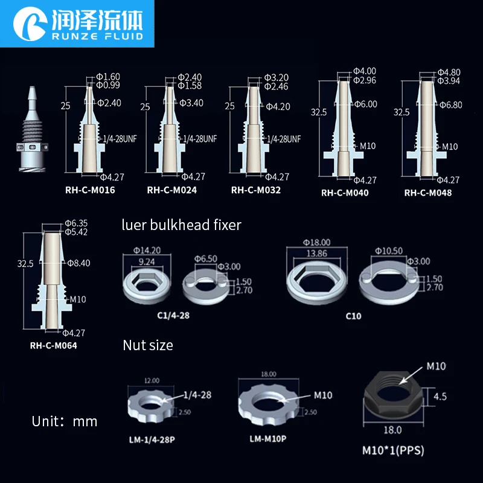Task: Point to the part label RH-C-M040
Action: coord(345,193)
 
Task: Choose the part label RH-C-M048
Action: coord(427,193)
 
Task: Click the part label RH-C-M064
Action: coord(53,346)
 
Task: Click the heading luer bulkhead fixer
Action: coord(182,225)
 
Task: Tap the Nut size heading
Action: coord(147,345)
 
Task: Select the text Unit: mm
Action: coord(65,421)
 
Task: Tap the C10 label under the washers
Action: coord(353,315)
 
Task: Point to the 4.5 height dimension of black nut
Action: coord(441,397)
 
